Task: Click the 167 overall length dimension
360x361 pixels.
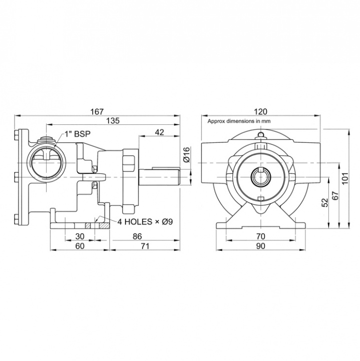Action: (x=98, y=111)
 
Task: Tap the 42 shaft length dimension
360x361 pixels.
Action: (x=160, y=132)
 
